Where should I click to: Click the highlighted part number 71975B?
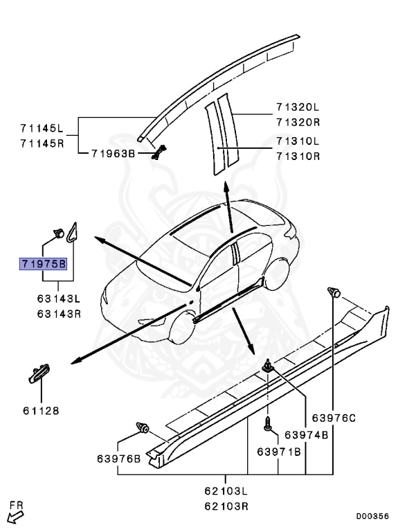pyautogui.click(x=43, y=264)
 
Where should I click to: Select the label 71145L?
pyautogui.click(x=41, y=127)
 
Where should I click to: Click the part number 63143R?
pyautogui.click(x=58, y=312)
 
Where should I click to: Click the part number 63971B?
pyautogui.click(x=279, y=452)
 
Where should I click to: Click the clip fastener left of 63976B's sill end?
pyautogui.click(x=144, y=427)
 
